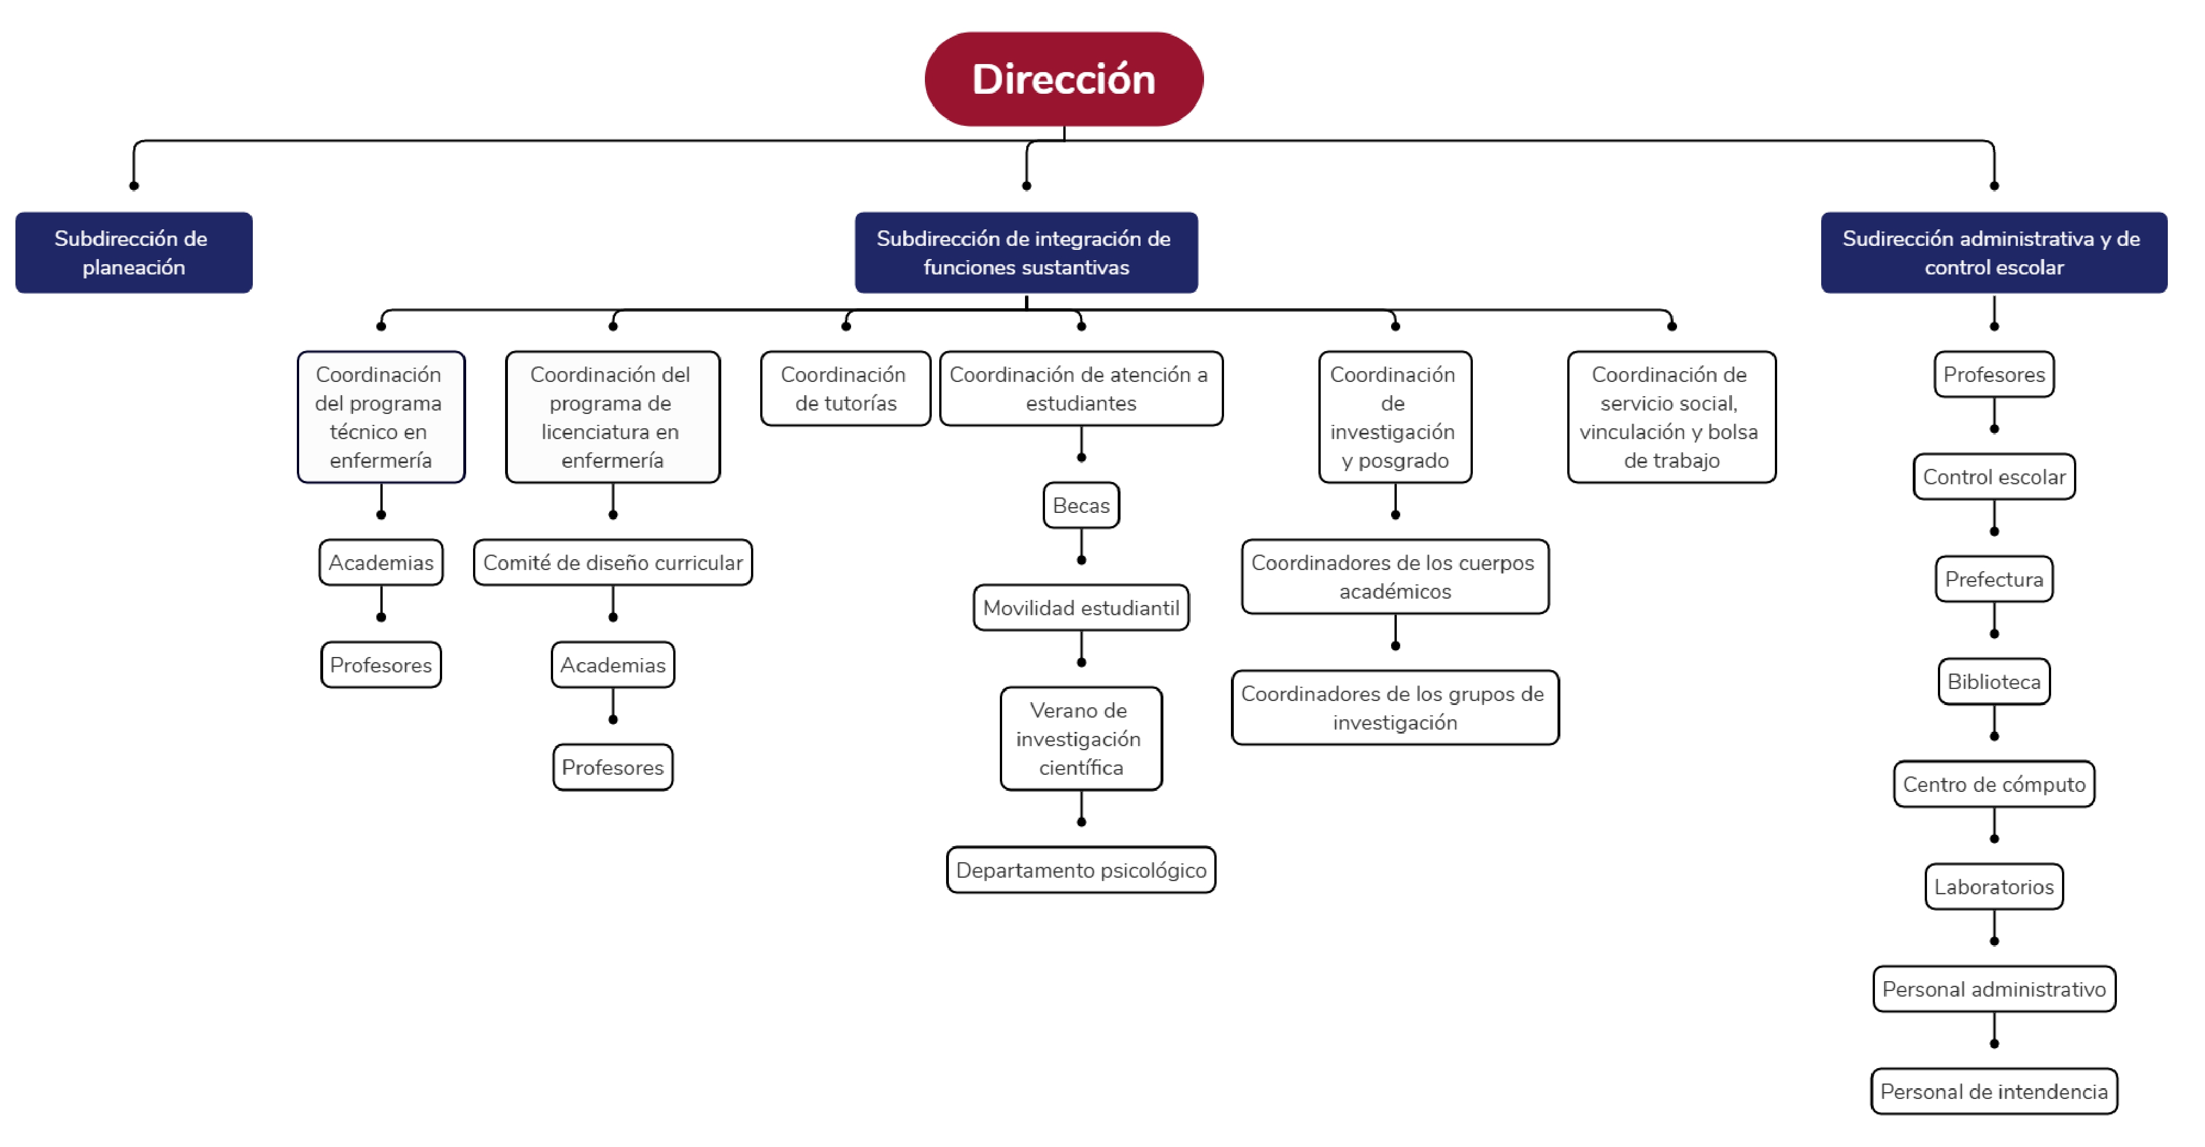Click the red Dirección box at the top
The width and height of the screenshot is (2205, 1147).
[1064, 79]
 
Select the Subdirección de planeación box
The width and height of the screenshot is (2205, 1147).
[133, 253]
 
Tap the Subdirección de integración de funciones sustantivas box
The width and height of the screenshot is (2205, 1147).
[1026, 253]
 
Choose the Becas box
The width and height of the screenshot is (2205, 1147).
[1081, 505]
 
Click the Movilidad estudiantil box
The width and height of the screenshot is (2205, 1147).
[1081, 608]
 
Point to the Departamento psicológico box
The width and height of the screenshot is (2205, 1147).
[1081, 870]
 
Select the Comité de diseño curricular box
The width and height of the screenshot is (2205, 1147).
[613, 563]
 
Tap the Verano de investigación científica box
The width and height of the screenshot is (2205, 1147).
[1081, 739]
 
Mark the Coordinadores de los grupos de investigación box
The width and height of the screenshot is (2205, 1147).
[1395, 708]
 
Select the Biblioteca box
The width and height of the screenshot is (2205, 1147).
[1995, 682]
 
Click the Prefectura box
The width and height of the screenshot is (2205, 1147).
[1995, 579]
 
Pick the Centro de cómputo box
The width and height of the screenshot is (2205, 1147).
[1995, 784]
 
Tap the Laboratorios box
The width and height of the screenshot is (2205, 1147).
[1995, 887]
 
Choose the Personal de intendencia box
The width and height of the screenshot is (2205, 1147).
[1995, 1092]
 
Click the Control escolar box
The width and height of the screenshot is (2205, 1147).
[1995, 477]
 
